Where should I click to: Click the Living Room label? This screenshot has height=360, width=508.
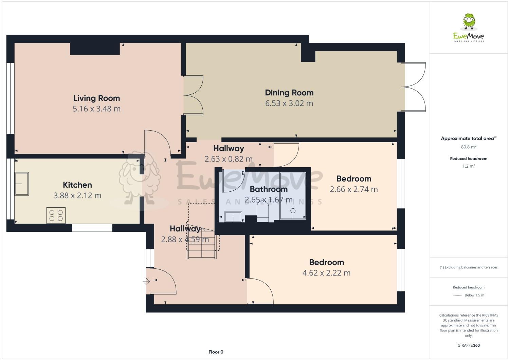click(x=96, y=98)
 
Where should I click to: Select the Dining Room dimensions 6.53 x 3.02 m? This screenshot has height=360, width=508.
click(x=289, y=103)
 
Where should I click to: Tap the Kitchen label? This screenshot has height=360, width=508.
click(x=77, y=185)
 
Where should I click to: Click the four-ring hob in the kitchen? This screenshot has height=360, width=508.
click(x=56, y=215)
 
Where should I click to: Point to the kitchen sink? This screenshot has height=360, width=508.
click(x=21, y=184)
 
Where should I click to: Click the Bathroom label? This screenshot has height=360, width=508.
click(x=269, y=189)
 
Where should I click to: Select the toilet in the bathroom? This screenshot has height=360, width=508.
click(x=262, y=212)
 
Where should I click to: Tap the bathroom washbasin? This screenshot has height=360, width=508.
click(x=233, y=217)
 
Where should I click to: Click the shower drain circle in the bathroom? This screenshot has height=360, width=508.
click(x=293, y=211)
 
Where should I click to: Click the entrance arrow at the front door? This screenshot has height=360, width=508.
click(x=146, y=281)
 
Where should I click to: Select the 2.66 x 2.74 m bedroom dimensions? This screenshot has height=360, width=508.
click(x=353, y=189)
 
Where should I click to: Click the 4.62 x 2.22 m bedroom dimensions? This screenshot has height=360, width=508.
click(x=326, y=273)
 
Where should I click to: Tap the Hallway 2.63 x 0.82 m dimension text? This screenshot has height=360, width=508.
click(x=229, y=159)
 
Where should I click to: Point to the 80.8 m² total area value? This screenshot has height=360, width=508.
click(x=469, y=147)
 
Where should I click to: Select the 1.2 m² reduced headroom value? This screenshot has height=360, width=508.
click(x=469, y=166)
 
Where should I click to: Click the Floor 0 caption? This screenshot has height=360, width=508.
click(x=216, y=352)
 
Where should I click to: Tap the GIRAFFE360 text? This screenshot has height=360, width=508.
click(x=469, y=345)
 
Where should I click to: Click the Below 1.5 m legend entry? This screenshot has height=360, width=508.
click(x=474, y=295)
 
